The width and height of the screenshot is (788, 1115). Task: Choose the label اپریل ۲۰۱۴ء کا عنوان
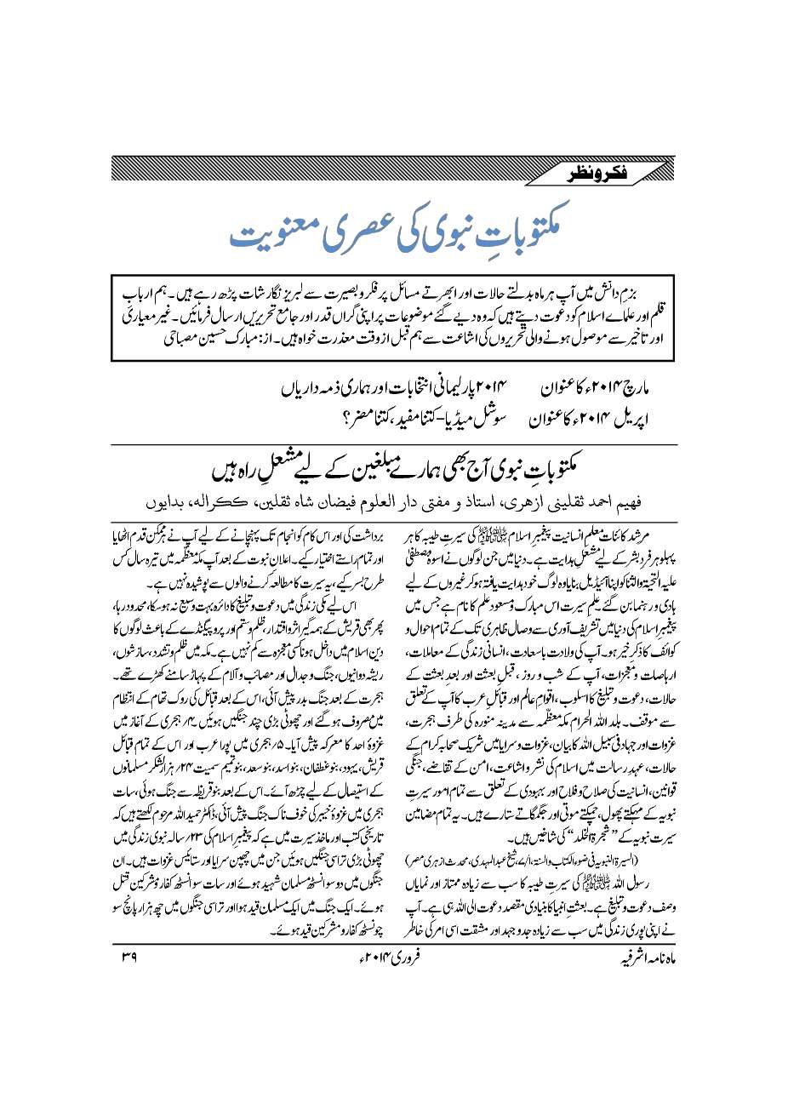592,419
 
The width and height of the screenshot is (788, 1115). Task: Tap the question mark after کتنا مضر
328,419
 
